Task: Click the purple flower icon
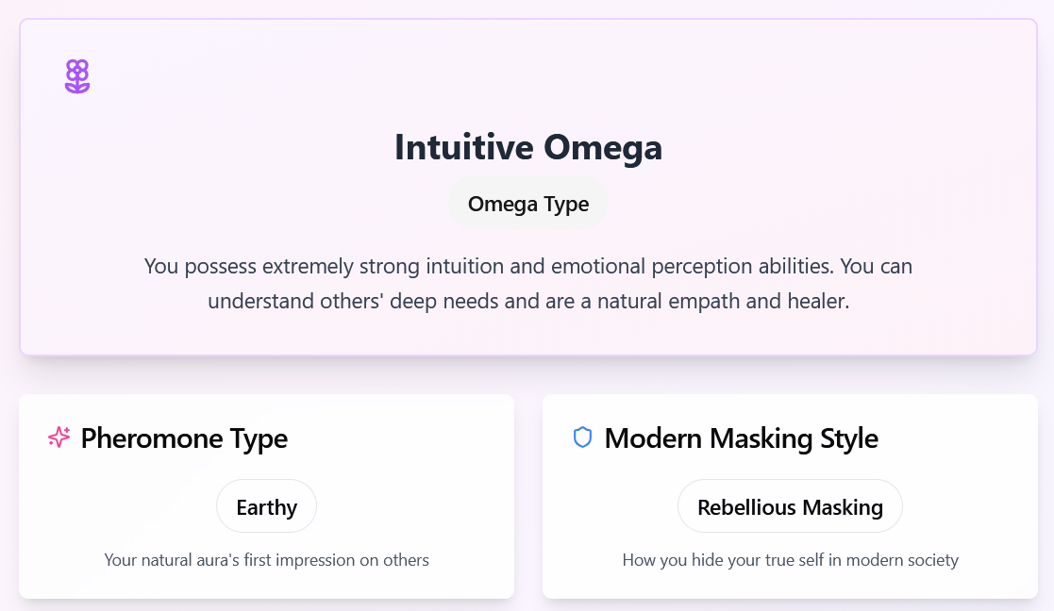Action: pyautogui.click(x=77, y=75)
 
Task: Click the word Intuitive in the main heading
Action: pyautogui.click(x=464, y=147)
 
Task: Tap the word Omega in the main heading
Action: pyautogui.click(x=603, y=148)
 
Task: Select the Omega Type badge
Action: pyautogui.click(x=528, y=204)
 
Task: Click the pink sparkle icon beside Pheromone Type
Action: pyautogui.click(x=59, y=438)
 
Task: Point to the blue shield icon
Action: pyautogui.click(x=582, y=438)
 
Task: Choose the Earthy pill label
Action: pyautogui.click(x=266, y=507)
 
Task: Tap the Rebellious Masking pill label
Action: pyautogui.click(x=790, y=507)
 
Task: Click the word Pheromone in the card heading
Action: pyautogui.click(x=152, y=438)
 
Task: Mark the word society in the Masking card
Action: pyautogui.click(x=931, y=561)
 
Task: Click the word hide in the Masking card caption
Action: pyautogui.click(x=704, y=560)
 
